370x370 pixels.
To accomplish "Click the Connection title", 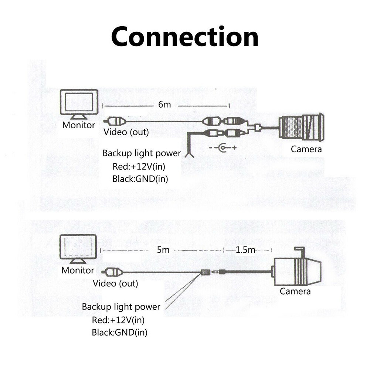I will (185, 37).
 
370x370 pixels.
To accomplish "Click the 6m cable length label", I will (165, 104).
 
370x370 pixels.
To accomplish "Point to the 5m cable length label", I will (163, 250).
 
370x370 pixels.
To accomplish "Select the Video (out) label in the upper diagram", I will (126, 132).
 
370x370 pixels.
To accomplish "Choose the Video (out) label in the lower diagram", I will (115, 284).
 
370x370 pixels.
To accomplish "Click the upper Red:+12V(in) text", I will (139, 166).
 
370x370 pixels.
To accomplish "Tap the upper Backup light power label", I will (142, 153).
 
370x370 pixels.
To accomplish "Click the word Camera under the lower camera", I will (295, 291).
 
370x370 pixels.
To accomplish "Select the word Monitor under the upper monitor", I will (79, 125).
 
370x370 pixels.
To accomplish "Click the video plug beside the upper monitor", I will (114, 121).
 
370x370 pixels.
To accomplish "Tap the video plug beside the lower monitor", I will (112, 273).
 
